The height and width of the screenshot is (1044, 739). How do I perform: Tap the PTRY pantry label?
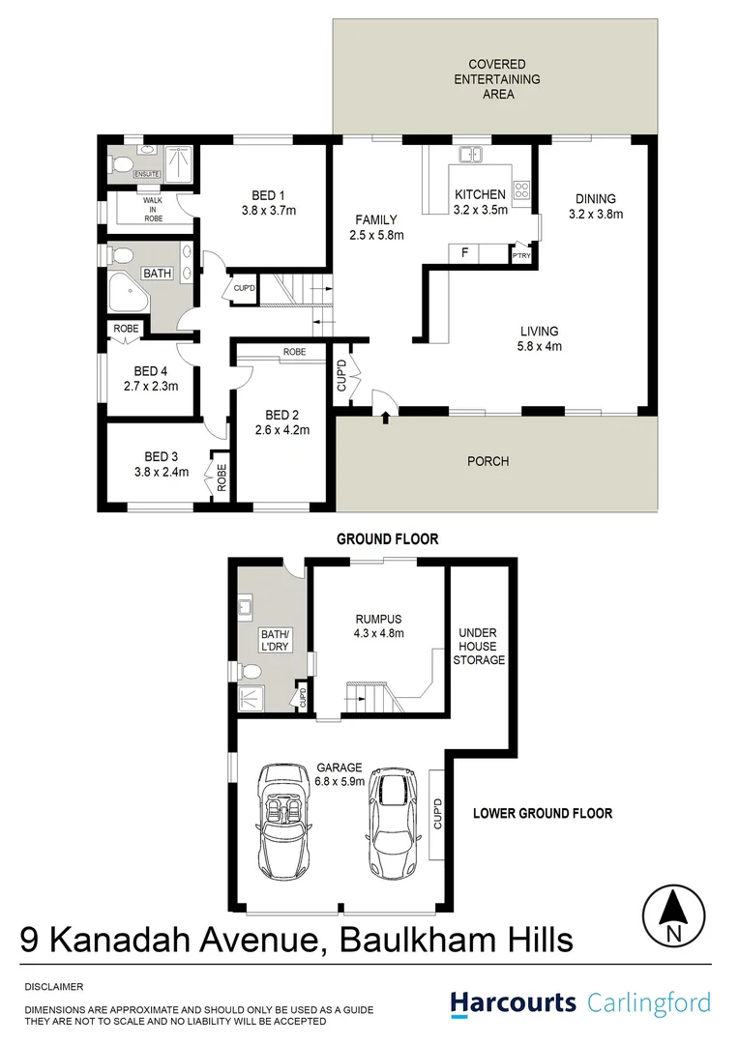coord(520,256)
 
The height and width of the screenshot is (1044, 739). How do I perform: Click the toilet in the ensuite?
coord(122,165)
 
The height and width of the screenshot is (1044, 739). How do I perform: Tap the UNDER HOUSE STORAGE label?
coord(481,647)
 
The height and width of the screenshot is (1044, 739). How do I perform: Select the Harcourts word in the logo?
coord(514,1002)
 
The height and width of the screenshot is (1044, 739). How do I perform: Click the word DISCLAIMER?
coord(54,987)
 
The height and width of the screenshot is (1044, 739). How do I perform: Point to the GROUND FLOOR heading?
coord(387,538)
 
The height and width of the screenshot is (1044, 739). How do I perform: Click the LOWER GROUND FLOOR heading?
coord(542,813)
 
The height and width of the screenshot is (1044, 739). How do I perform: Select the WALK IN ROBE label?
coord(154,209)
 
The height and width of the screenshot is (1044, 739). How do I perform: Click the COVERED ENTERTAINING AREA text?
coord(497,79)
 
